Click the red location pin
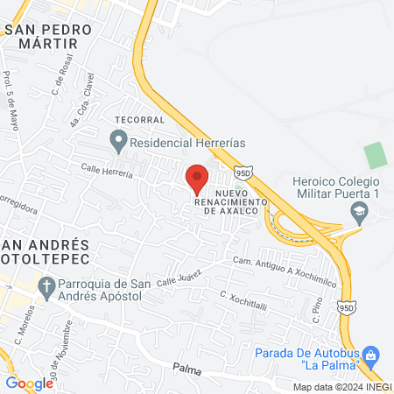tap(197, 177)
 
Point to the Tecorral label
tap(134, 119)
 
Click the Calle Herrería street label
tap(107, 172)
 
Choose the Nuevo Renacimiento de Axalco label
tap(238, 201)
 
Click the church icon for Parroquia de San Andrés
tap(46, 285)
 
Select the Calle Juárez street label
tap(179, 278)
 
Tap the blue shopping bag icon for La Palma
tap(371, 354)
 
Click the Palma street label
tap(187, 371)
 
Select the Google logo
tap(29, 383)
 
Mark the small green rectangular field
tap(376, 155)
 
